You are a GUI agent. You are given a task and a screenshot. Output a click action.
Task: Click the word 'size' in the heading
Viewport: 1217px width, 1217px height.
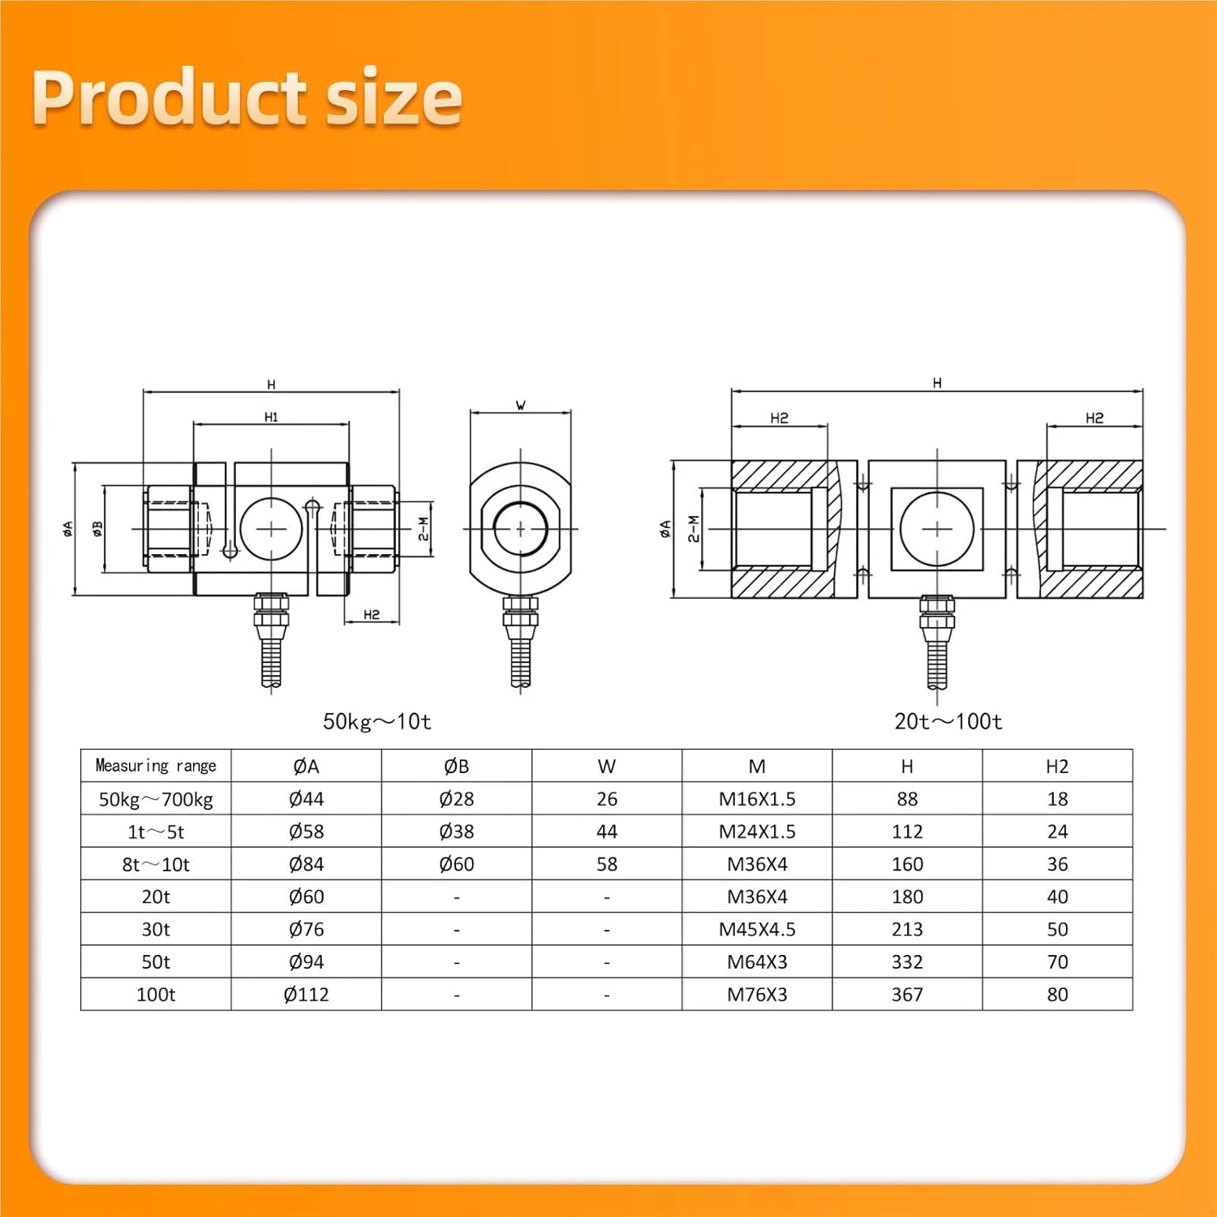[393, 97]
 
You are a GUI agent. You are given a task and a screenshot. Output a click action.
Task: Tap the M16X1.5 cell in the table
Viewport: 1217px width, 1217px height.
[757, 799]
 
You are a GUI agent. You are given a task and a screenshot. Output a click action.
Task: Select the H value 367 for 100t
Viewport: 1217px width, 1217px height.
[907, 995]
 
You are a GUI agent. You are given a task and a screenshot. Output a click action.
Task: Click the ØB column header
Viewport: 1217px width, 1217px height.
[457, 766]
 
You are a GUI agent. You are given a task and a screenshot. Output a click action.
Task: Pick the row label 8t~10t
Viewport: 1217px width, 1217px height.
[156, 864]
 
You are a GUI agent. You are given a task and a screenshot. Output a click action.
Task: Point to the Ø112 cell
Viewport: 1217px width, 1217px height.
[306, 995]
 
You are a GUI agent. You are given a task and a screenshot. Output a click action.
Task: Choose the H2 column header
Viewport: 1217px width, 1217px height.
[1057, 766]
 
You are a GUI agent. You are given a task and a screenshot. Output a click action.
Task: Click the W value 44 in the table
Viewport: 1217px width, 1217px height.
[607, 832]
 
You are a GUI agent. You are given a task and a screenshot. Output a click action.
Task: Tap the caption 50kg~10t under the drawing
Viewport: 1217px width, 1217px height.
[377, 721]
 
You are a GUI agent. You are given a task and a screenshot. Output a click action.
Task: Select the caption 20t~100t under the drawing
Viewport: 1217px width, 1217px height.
[948, 721]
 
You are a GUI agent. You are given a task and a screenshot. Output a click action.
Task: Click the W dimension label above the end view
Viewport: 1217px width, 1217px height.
[521, 405]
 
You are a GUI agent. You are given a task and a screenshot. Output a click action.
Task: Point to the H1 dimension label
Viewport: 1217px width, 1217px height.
[271, 417]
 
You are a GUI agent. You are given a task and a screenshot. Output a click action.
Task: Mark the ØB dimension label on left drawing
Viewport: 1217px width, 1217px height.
[98, 528]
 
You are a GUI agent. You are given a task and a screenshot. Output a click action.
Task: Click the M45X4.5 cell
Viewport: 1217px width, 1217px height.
[757, 929]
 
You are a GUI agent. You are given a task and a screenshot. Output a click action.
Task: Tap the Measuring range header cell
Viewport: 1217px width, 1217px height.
[156, 766]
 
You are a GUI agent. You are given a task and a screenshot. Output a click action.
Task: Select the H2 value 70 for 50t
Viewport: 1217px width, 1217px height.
[1057, 962]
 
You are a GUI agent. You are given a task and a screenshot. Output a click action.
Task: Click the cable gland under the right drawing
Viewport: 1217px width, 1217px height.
[937, 617]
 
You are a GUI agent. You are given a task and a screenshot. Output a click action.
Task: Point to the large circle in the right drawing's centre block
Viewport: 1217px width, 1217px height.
[937, 529]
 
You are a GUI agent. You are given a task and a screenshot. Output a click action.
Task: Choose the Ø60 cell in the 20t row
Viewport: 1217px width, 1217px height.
[306, 897]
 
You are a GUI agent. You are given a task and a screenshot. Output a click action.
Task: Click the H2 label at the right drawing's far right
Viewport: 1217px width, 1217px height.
[1094, 418]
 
